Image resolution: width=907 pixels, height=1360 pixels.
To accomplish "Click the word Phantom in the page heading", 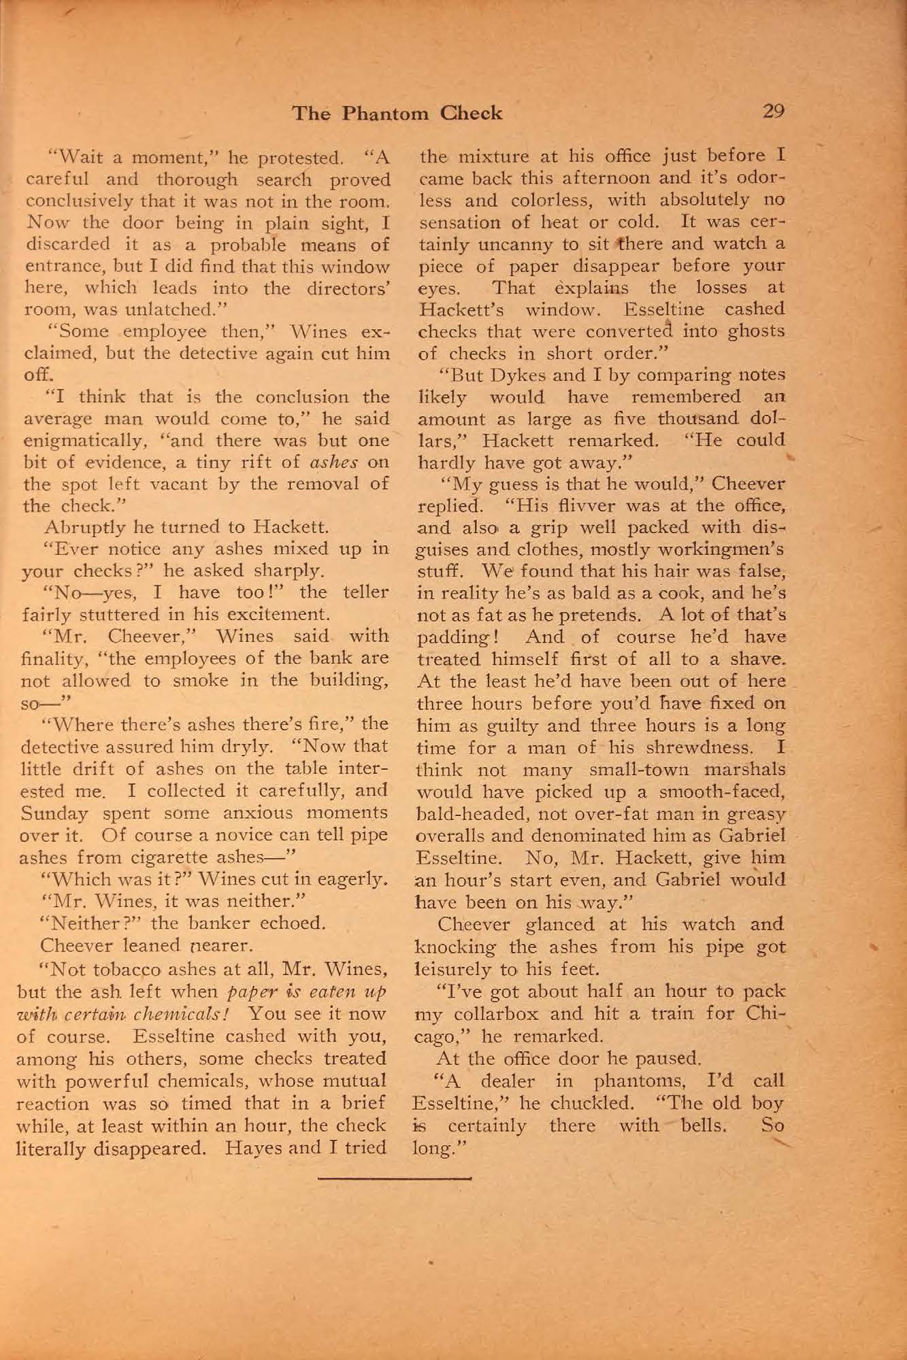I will tap(384, 113).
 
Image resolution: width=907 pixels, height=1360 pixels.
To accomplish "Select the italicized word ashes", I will tap(334, 462).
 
